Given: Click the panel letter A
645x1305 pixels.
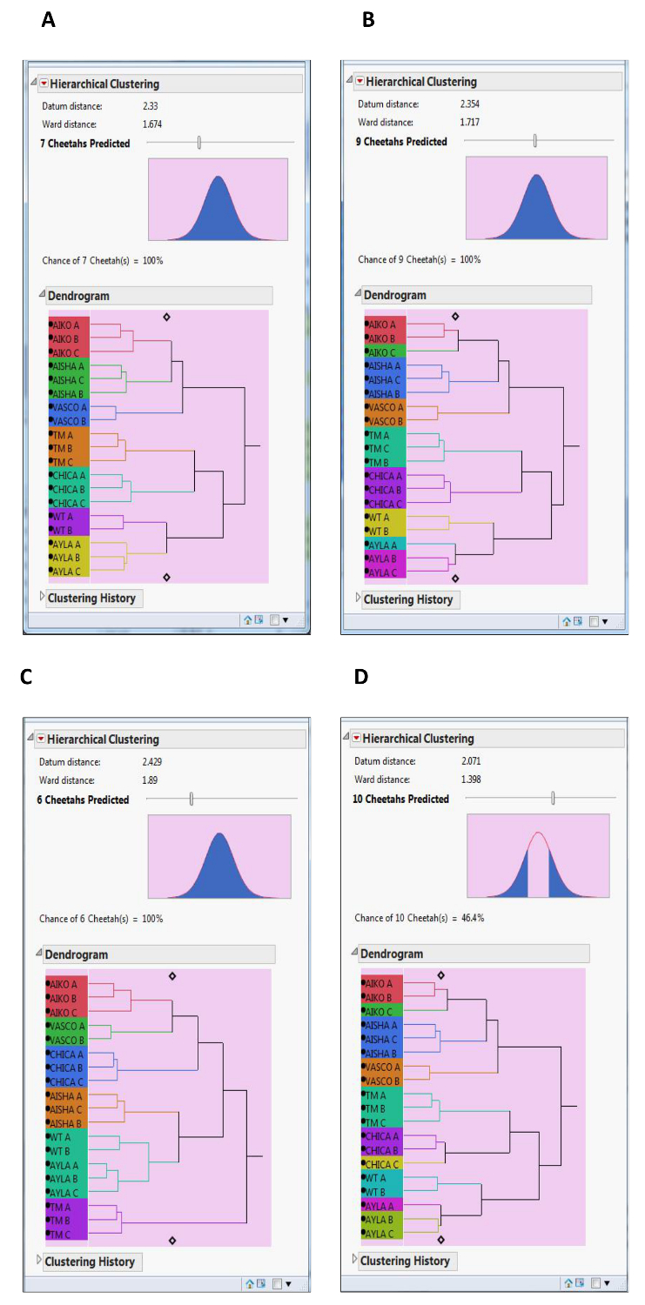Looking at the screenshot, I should [49, 20].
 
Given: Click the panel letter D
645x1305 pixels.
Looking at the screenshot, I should [360, 676].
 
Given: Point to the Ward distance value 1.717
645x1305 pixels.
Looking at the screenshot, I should [469, 123].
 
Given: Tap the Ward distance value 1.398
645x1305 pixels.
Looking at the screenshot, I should [468, 780].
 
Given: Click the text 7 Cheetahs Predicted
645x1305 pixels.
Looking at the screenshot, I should [86, 143].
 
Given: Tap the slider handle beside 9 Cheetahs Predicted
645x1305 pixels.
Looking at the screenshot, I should [535, 141].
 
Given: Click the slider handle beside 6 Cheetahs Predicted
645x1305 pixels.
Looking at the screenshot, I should [191, 799].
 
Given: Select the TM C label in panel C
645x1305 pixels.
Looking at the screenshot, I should [61, 1235].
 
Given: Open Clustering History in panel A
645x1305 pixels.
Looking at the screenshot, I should [91, 598].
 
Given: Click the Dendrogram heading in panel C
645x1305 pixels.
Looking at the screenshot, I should [77, 954].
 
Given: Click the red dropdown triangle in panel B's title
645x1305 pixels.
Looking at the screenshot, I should [359, 82].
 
